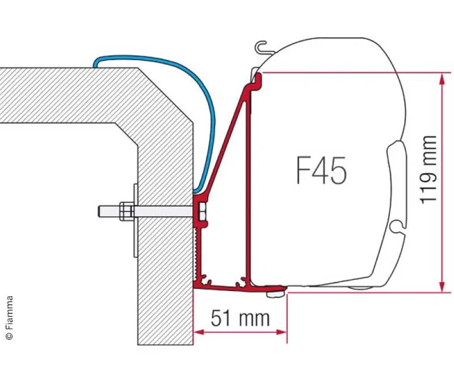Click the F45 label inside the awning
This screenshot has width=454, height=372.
click(x=321, y=171)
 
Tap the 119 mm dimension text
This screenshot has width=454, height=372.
click(x=429, y=169)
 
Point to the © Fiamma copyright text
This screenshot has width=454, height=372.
click(x=9, y=318)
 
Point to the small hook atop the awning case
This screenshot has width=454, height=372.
click(x=261, y=47)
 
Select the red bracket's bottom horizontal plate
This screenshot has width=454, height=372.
click(x=240, y=285)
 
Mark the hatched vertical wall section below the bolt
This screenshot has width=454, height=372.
click(x=165, y=292)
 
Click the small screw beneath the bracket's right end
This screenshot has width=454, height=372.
click(x=272, y=296)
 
